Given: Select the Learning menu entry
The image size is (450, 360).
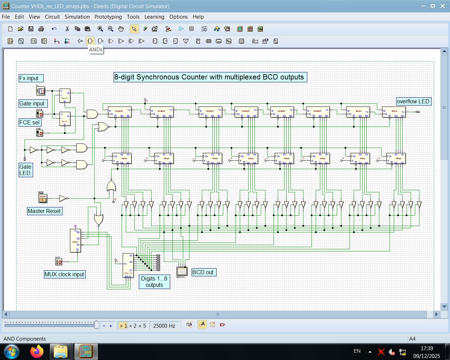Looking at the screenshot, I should [154, 17].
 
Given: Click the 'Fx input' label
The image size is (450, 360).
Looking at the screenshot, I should [31, 78].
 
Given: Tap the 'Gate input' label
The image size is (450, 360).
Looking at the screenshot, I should [32, 103].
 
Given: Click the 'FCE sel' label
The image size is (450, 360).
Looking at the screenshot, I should [30, 122].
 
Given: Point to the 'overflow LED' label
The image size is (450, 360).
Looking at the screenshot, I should [413, 101].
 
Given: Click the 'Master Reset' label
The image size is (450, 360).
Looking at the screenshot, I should [44, 211].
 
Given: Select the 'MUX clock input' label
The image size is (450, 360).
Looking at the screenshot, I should [64, 274].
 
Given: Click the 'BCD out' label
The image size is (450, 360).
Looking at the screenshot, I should [203, 272].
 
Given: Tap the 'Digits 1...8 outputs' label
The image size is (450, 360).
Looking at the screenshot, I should [154, 282].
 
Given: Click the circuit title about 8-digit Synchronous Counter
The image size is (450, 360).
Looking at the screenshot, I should [210, 77].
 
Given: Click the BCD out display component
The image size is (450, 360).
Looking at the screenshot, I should [182, 271].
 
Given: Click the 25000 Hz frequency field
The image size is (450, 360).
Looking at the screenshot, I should [164, 326].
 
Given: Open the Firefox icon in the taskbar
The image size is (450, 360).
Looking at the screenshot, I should [37, 352].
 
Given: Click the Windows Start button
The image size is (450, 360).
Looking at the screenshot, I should [12, 352].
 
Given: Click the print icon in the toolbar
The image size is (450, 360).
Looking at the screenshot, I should [41, 29].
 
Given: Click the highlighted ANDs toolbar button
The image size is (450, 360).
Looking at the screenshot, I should [90, 41].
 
